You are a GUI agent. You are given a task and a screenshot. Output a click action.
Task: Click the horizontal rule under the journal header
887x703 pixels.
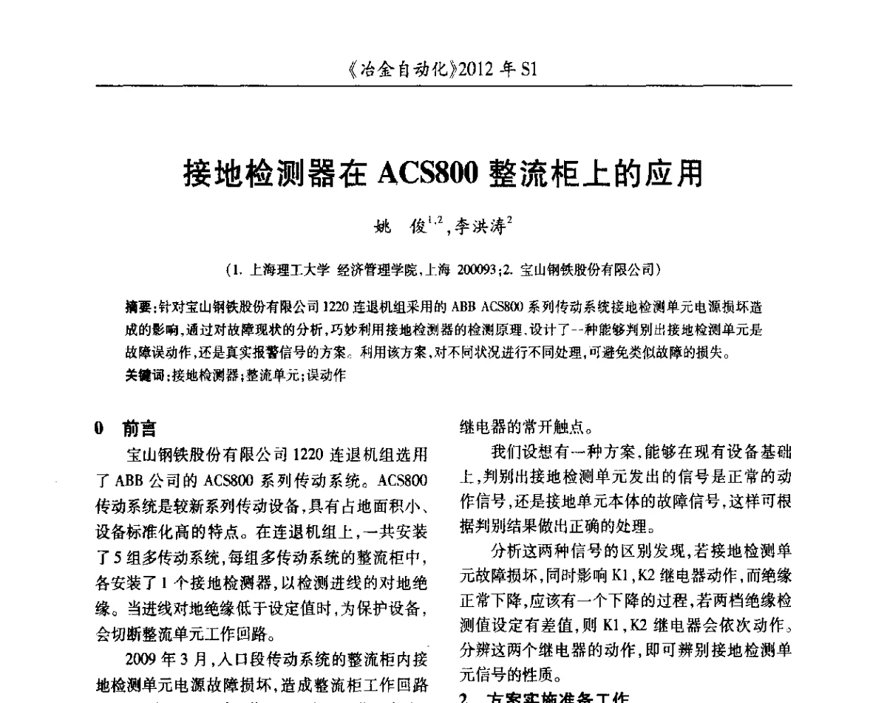(x=443, y=87)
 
